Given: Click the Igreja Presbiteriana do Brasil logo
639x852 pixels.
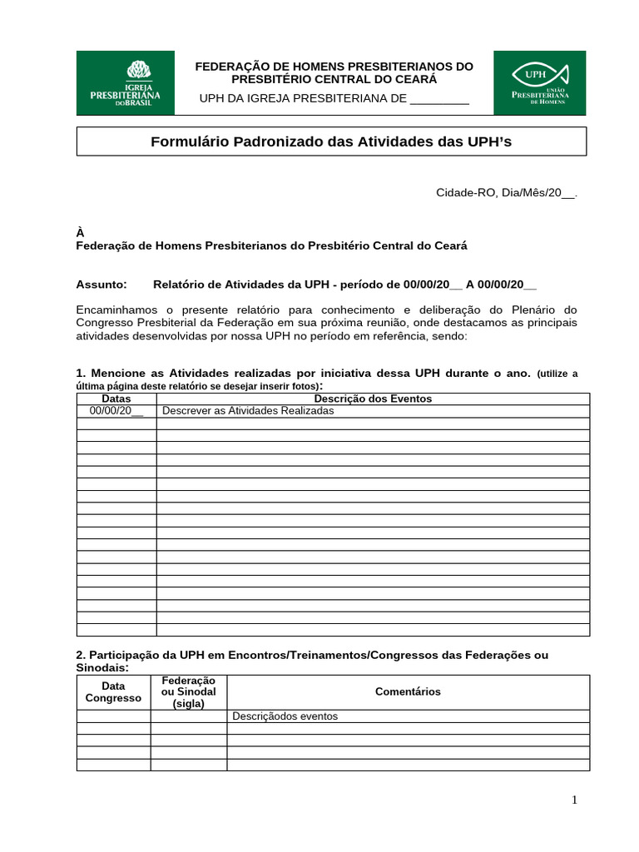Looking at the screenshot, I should [x=126, y=82].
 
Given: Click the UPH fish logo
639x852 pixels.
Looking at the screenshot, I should [x=539, y=82].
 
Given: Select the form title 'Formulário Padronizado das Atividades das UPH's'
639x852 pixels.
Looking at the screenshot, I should [x=331, y=141].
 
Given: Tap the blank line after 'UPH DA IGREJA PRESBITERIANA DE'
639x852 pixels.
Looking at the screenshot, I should [x=440, y=99].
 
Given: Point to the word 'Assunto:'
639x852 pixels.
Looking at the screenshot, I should [x=102, y=284].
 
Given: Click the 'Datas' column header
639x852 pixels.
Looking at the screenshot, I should [x=116, y=399].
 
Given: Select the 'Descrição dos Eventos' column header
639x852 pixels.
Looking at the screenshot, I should [x=373, y=399].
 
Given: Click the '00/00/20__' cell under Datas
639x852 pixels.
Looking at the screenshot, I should [x=116, y=411].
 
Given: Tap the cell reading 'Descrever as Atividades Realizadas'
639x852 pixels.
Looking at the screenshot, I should [x=247, y=411].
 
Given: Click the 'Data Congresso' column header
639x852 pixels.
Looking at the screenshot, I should [x=113, y=691].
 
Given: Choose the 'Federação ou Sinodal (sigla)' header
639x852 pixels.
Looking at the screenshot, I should [x=188, y=691].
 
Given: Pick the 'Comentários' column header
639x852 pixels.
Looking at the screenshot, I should [x=408, y=691].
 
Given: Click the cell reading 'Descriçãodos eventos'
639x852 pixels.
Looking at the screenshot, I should [x=285, y=716].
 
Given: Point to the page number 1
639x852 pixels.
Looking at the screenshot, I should [x=574, y=800].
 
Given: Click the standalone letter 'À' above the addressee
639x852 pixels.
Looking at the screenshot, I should [x=80, y=234].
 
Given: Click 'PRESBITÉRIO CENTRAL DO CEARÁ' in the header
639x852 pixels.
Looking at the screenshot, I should [x=333, y=79].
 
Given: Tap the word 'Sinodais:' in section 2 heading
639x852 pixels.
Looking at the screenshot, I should [x=102, y=668].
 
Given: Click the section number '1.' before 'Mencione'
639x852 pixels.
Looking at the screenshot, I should [x=81, y=374].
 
